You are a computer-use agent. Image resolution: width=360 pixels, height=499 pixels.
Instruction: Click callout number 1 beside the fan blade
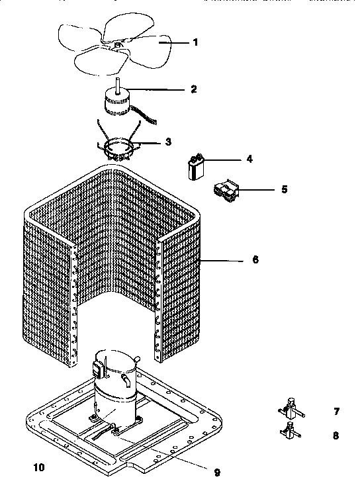point(195,42)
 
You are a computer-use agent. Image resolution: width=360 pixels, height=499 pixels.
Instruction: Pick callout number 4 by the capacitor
point(249,159)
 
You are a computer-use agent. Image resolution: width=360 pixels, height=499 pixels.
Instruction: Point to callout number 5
point(284,189)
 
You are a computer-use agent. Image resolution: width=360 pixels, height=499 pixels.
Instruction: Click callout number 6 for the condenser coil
point(255,260)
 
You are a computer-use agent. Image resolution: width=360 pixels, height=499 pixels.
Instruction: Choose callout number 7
point(336,412)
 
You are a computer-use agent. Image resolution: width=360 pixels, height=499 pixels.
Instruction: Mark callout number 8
point(336,435)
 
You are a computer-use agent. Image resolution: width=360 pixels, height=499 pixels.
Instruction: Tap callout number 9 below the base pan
point(216,472)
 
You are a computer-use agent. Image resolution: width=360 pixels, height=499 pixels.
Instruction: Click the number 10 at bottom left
point(39,468)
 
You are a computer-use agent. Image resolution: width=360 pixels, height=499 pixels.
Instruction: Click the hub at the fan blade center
point(118,45)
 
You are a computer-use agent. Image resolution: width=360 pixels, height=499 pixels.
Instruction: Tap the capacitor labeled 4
point(195,166)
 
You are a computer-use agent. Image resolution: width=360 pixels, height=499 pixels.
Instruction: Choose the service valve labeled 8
point(288,434)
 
